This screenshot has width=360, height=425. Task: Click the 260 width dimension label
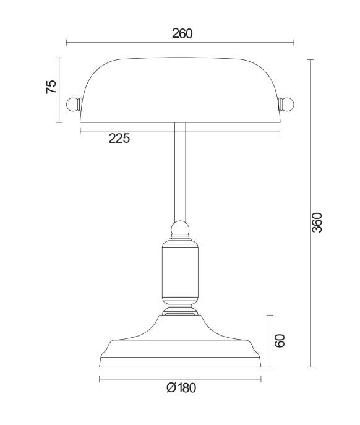(x=182, y=33)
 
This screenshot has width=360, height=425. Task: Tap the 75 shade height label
(x=51, y=87)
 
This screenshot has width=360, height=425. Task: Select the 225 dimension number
(x=119, y=139)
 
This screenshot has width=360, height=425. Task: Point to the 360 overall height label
(x=317, y=223)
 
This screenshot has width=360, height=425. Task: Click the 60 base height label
(x=280, y=341)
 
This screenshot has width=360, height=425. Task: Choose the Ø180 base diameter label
(x=181, y=388)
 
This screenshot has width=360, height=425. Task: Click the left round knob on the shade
(x=74, y=105)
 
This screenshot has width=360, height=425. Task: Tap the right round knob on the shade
(x=286, y=104)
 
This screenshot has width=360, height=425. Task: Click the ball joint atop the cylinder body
(x=180, y=228)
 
